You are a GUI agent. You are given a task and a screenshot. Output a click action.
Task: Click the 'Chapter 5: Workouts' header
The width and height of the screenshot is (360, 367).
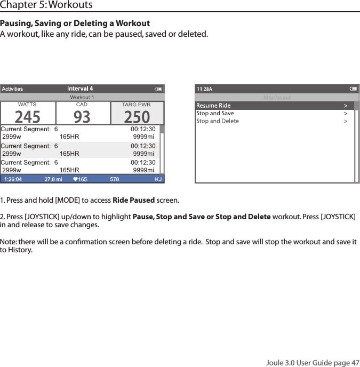click(x=46, y=5)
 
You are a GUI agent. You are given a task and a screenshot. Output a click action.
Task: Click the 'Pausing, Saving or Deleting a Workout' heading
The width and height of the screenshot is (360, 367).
click(x=75, y=24)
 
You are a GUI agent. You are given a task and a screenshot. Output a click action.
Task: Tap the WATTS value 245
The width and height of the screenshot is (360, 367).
click(x=27, y=116)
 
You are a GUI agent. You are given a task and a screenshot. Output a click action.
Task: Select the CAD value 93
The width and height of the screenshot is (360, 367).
click(x=82, y=116)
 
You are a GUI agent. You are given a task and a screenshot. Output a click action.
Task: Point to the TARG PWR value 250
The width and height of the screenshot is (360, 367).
click(x=137, y=116)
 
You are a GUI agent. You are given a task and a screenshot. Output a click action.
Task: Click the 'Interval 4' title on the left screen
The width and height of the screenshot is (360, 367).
click(x=80, y=89)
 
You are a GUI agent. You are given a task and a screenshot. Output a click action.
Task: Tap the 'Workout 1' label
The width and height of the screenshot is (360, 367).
click(x=82, y=97)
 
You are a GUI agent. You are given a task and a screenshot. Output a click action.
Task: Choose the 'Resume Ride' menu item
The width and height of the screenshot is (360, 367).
click(x=214, y=106)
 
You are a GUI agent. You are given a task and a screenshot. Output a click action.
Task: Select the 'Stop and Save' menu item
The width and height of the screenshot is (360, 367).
click(x=215, y=113)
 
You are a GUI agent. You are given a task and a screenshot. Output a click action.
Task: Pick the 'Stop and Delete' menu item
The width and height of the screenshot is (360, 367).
click(x=218, y=121)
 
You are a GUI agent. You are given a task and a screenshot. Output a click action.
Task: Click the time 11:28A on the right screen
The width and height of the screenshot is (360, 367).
click(x=205, y=89)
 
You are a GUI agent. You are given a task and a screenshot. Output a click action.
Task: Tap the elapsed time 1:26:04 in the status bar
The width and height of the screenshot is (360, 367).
click(x=13, y=180)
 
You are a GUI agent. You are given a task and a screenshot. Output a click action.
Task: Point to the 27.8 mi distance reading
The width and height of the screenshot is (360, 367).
click(x=53, y=180)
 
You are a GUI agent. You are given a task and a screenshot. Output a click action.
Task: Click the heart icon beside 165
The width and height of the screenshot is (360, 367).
click(x=75, y=180)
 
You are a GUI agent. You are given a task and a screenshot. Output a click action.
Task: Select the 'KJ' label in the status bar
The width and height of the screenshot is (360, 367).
click(x=158, y=180)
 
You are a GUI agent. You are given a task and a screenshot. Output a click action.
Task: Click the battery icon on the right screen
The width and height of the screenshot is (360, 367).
click(x=353, y=89)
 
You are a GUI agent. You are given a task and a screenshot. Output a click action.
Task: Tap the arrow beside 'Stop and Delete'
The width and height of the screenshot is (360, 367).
click(x=346, y=121)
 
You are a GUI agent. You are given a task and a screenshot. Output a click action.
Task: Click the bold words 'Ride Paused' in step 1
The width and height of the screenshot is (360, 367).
click(x=134, y=201)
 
